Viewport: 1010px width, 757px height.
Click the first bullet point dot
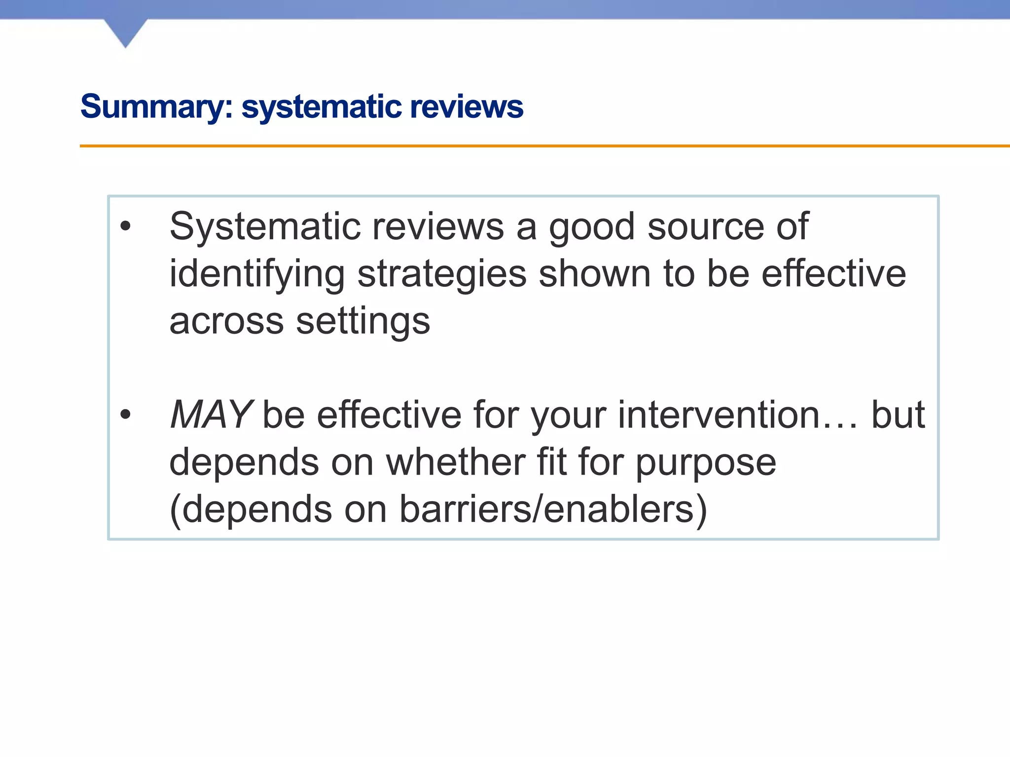[126, 226]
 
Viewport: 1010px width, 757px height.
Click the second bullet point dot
[126, 414]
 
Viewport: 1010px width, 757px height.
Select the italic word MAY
[211, 414]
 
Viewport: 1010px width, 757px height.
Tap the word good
[592, 227]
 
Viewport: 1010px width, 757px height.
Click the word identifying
[256, 274]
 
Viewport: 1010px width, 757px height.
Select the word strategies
[442, 274]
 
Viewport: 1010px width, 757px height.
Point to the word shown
[595, 274]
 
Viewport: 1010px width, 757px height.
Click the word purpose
[706, 463]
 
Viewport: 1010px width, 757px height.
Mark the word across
[226, 321]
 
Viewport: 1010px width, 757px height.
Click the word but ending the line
[898, 414]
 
